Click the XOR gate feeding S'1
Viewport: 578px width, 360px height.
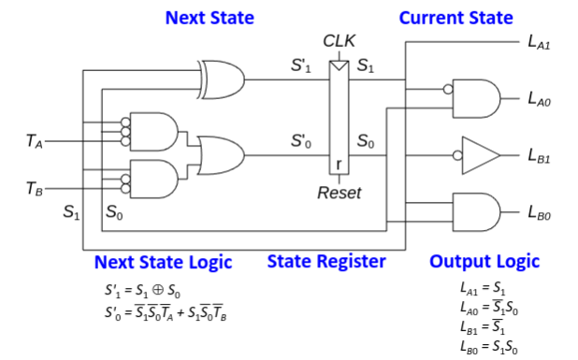221,79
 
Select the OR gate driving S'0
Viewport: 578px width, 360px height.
221,155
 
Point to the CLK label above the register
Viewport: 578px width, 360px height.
339,41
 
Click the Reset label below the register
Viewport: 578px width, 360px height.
340,193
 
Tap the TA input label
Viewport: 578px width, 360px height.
35,141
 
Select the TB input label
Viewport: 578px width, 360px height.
35,188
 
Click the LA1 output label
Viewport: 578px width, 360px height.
539,42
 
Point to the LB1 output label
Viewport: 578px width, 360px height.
539,155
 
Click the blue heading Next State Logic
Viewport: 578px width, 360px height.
164,263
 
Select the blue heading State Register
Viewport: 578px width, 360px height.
326,262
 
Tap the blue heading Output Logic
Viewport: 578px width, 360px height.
484,262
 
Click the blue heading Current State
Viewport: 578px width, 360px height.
456,18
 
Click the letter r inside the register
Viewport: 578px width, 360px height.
340,165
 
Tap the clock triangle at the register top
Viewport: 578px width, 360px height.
340,65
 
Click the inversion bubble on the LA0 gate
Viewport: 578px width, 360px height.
448,89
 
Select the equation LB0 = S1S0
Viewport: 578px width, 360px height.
489,347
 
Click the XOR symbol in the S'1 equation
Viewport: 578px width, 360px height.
158,290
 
